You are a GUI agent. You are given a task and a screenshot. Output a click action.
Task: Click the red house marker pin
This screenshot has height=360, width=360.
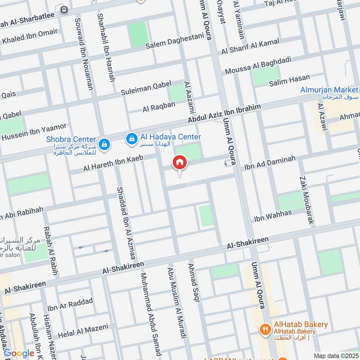tap(179, 163)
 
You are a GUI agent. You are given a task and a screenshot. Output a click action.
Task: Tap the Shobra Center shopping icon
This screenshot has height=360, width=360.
tap(104, 144)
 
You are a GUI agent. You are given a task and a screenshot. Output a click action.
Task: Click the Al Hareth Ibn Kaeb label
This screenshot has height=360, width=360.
tap(112, 163)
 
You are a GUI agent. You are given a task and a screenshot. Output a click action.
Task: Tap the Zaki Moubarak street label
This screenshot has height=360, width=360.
tap(306, 200)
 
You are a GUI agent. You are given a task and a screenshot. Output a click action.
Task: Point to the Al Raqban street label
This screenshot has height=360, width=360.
tap(158, 107)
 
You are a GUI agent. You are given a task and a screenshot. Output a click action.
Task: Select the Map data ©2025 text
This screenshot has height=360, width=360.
tap(335, 356)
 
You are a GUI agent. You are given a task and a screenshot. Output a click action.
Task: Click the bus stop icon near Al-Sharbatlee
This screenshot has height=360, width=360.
tap(64, 9)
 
